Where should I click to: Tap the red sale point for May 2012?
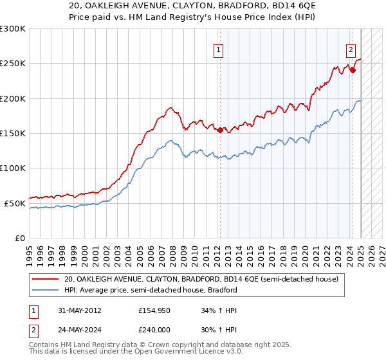click(220, 130)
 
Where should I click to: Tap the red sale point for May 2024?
click(353, 71)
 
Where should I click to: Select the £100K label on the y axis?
click(14, 168)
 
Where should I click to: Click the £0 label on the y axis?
click(19, 238)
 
